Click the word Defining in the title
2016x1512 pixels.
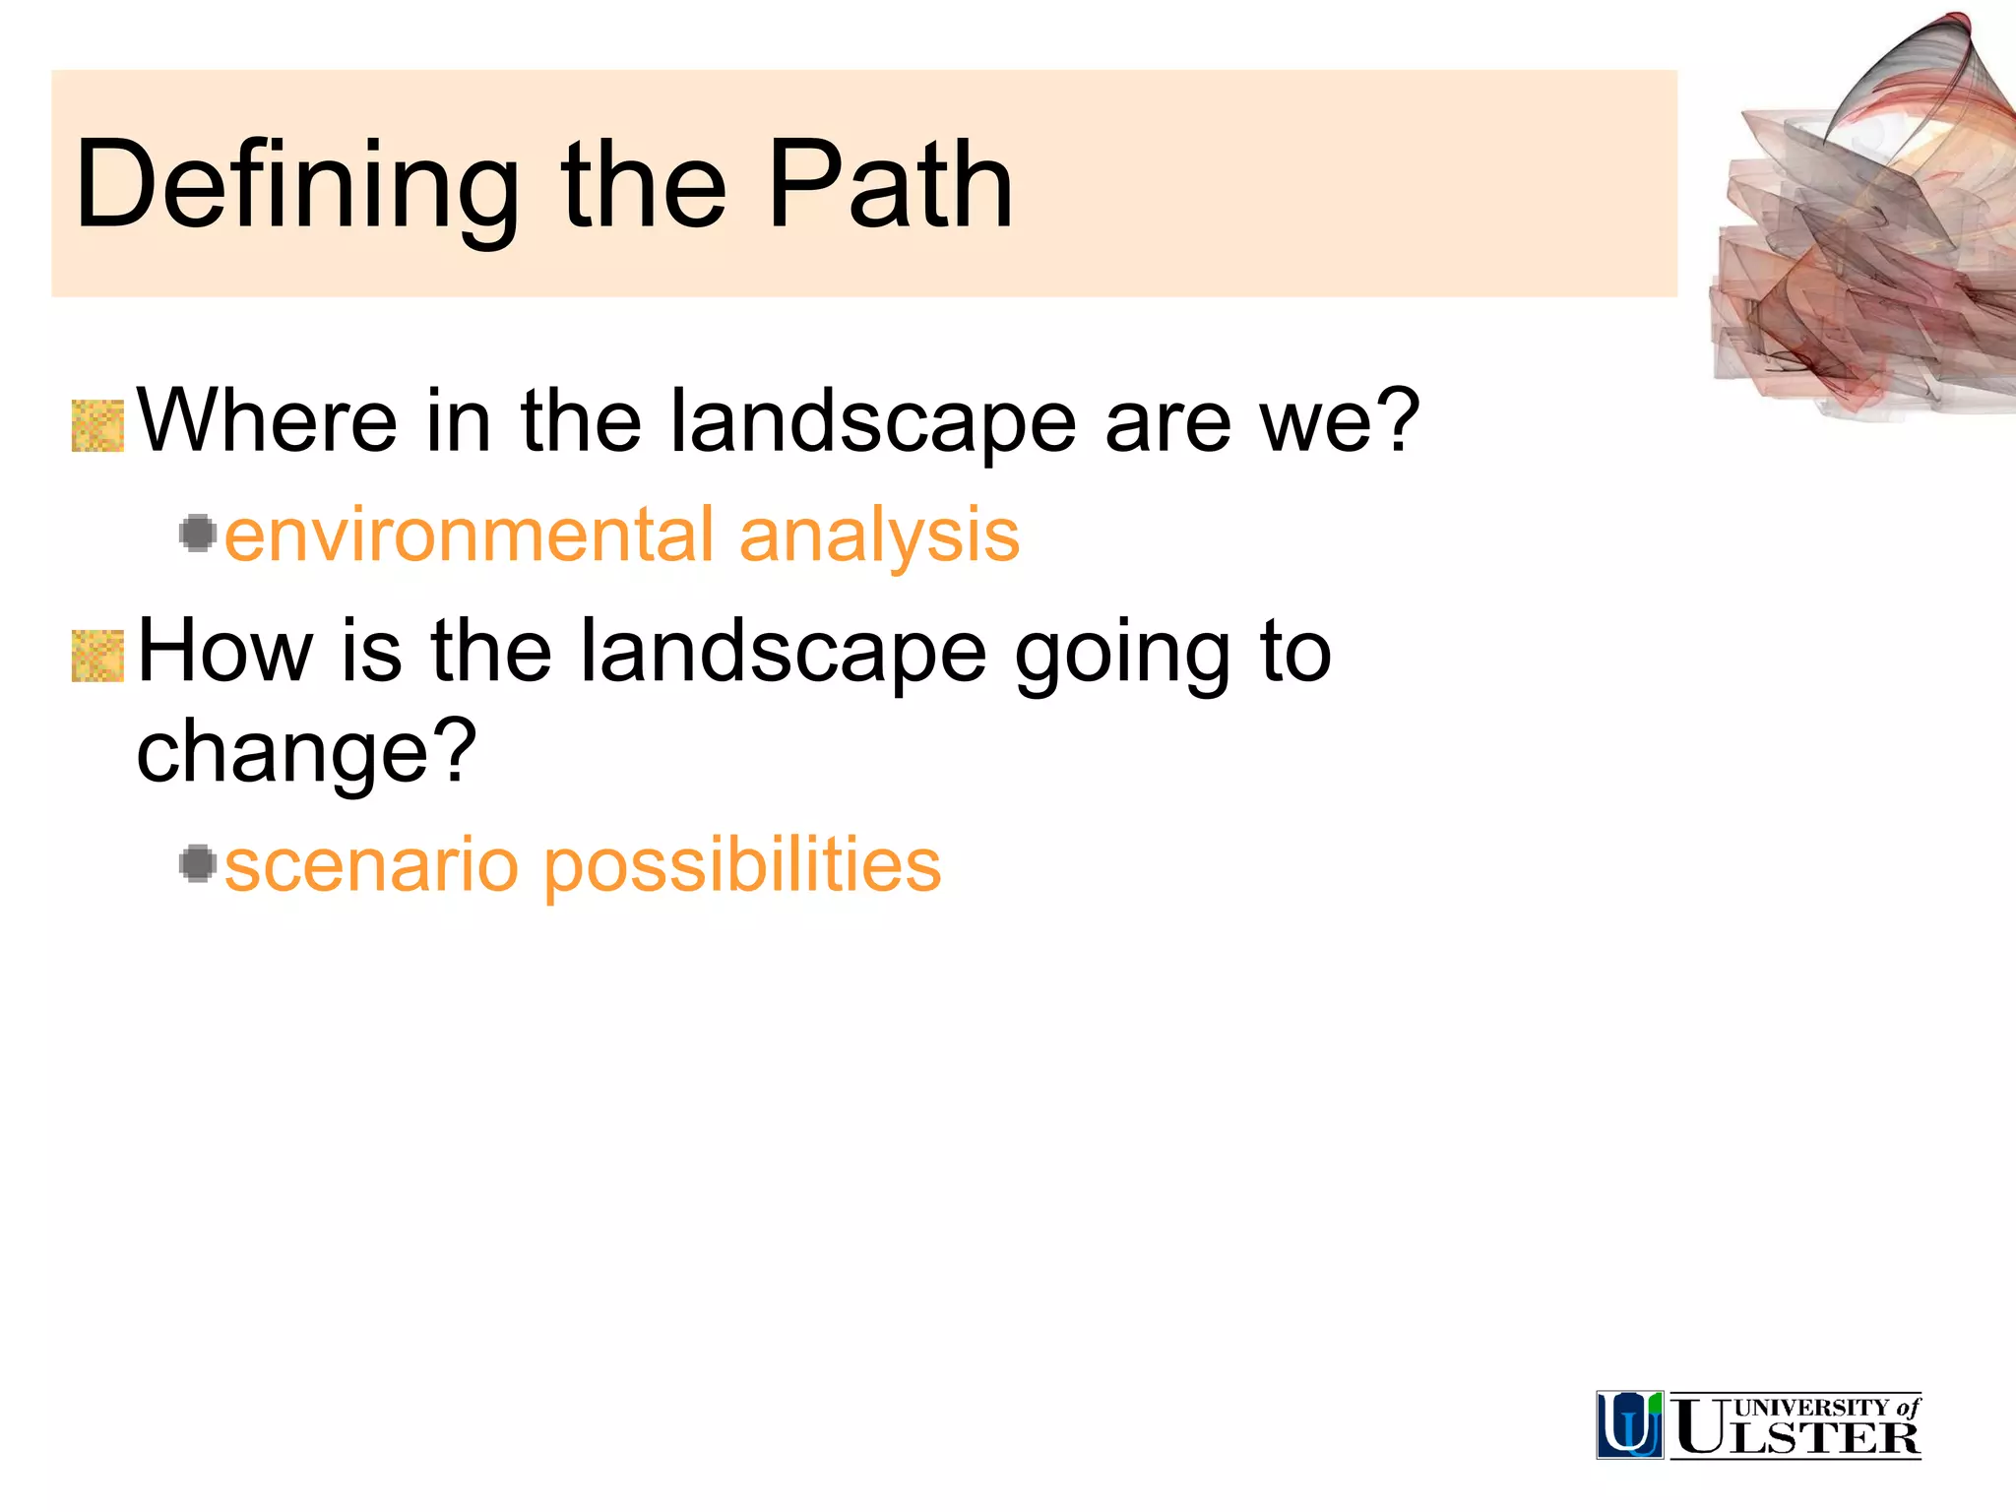[x=295, y=187]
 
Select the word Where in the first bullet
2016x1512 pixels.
[x=266, y=421]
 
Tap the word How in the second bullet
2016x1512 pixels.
[x=224, y=652]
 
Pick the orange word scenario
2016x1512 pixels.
[x=371, y=866]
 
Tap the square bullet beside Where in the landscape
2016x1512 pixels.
[x=97, y=426]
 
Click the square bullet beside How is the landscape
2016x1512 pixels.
[x=97, y=657]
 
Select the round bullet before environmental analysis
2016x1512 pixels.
[x=198, y=534]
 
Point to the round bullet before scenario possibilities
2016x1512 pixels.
[x=198, y=864]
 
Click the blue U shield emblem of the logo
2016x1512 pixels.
[x=1629, y=1424]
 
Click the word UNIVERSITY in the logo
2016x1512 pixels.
[x=1810, y=1408]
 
